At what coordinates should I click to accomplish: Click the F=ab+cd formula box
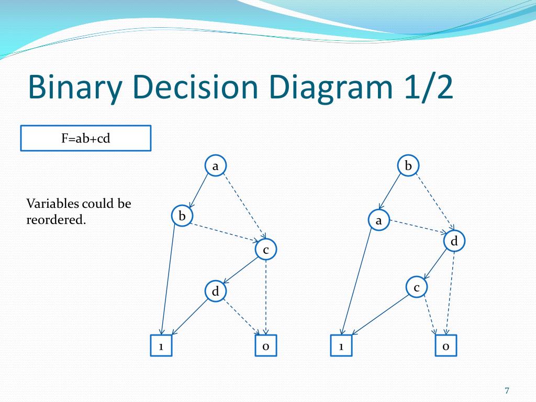(85, 138)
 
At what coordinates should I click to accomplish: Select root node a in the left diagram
(215, 166)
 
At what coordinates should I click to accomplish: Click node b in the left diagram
(182, 216)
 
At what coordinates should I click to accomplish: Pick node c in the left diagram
(266, 250)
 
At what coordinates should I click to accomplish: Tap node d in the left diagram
(215, 291)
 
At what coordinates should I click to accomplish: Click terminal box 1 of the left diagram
(161, 346)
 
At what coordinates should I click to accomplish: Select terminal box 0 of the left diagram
(266, 346)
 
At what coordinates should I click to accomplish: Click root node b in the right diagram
(409, 166)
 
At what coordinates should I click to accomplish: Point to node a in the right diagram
(378, 221)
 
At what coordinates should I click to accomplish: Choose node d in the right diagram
(454, 241)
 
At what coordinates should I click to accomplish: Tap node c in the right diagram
(417, 287)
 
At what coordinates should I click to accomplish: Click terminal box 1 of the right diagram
(341, 346)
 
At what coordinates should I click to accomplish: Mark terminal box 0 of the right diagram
(446, 346)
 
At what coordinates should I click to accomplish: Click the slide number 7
(507, 390)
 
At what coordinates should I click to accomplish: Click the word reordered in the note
(55, 220)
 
